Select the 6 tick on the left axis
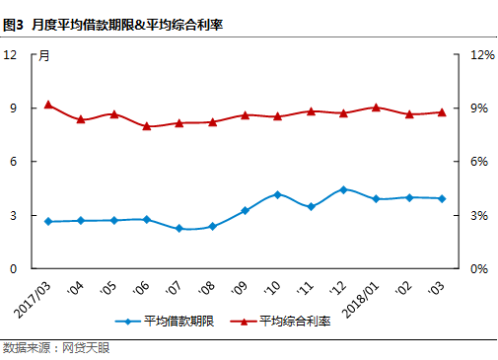tap(14, 161)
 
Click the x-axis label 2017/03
tap(32, 293)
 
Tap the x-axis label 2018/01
tap(361, 293)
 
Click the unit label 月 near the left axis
tap(44, 56)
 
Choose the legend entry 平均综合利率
tap(285, 322)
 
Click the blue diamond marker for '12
tap(343, 189)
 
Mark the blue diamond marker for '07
tap(179, 229)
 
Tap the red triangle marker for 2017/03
tap(48, 105)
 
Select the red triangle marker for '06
tap(147, 126)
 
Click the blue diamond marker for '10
tap(277, 194)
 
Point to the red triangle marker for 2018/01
tap(376, 107)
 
